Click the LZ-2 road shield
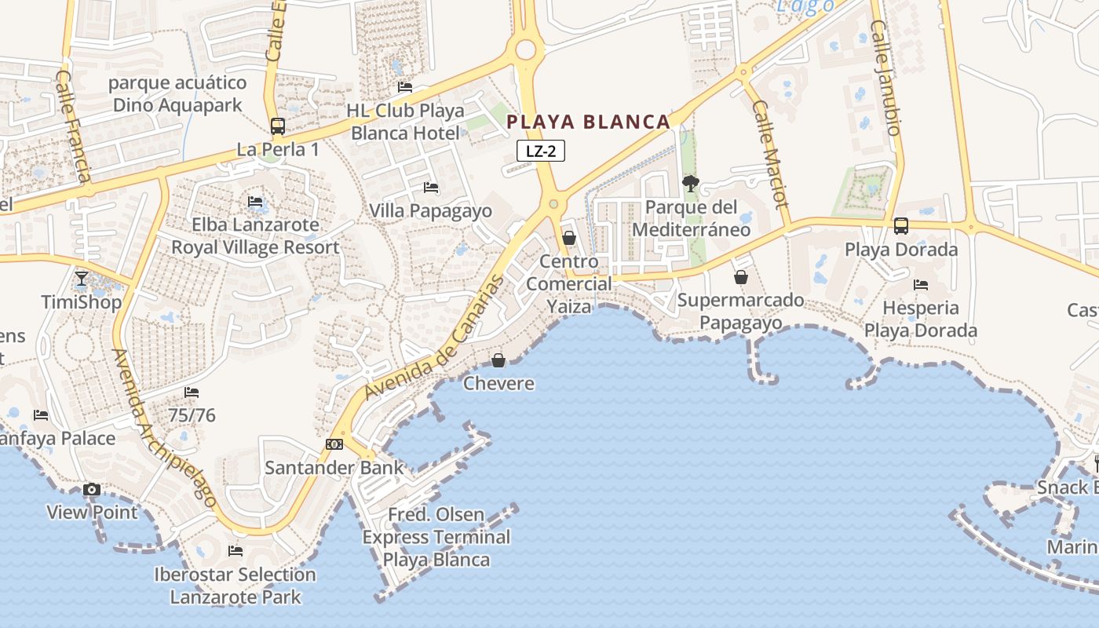pyautogui.click(x=541, y=151)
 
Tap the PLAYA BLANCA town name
pyautogui.click(x=588, y=122)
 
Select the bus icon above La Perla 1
pyautogui.click(x=277, y=126)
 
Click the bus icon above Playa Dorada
pyautogui.click(x=901, y=226)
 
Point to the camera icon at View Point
pyautogui.click(x=92, y=490)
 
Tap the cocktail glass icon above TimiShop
pyautogui.click(x=82, y=278)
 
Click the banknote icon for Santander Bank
pyautogui.click(x=334, y=444)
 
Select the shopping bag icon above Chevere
pyautogui.click(x=498, y=360)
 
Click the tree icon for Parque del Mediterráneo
pyautogui.click(x=691, y=184)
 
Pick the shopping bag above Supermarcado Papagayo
pyautogui.click(x=740, y=277)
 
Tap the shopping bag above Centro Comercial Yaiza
pyautogui.click(x=569, y=238)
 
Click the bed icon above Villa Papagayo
pyautogui.click(x=431, y=188)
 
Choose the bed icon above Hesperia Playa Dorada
pyautogui.click(x=921, y=284)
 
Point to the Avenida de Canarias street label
pyautogui.click(x=435, y=340)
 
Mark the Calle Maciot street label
pyautogui.click(x=769, y=154)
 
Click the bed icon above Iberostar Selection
pyautogui.click(x=235, y=550)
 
